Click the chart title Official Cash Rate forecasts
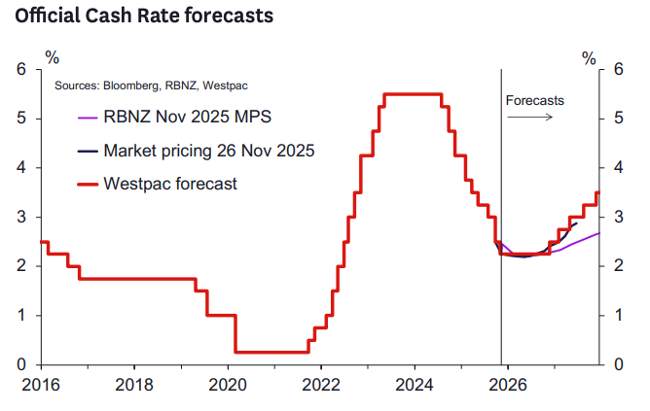136,17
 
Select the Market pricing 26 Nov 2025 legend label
209,151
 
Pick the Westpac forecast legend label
170,183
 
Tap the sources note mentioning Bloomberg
138,86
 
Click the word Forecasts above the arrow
534,100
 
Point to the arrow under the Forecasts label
530,117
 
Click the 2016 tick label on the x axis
41,384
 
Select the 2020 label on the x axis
228,384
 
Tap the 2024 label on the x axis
415,384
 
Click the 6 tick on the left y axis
20,70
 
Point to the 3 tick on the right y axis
615,218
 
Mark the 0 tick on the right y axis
615,364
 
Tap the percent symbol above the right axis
589,57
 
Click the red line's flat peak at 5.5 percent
413,94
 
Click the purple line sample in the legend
87,118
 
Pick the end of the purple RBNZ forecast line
598,233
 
